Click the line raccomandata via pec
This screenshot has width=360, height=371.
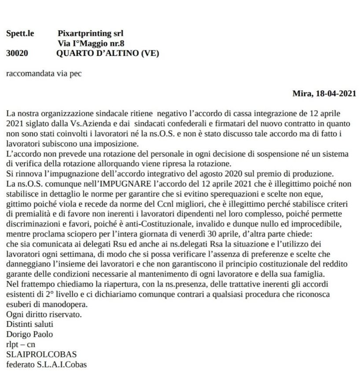(44, 73)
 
